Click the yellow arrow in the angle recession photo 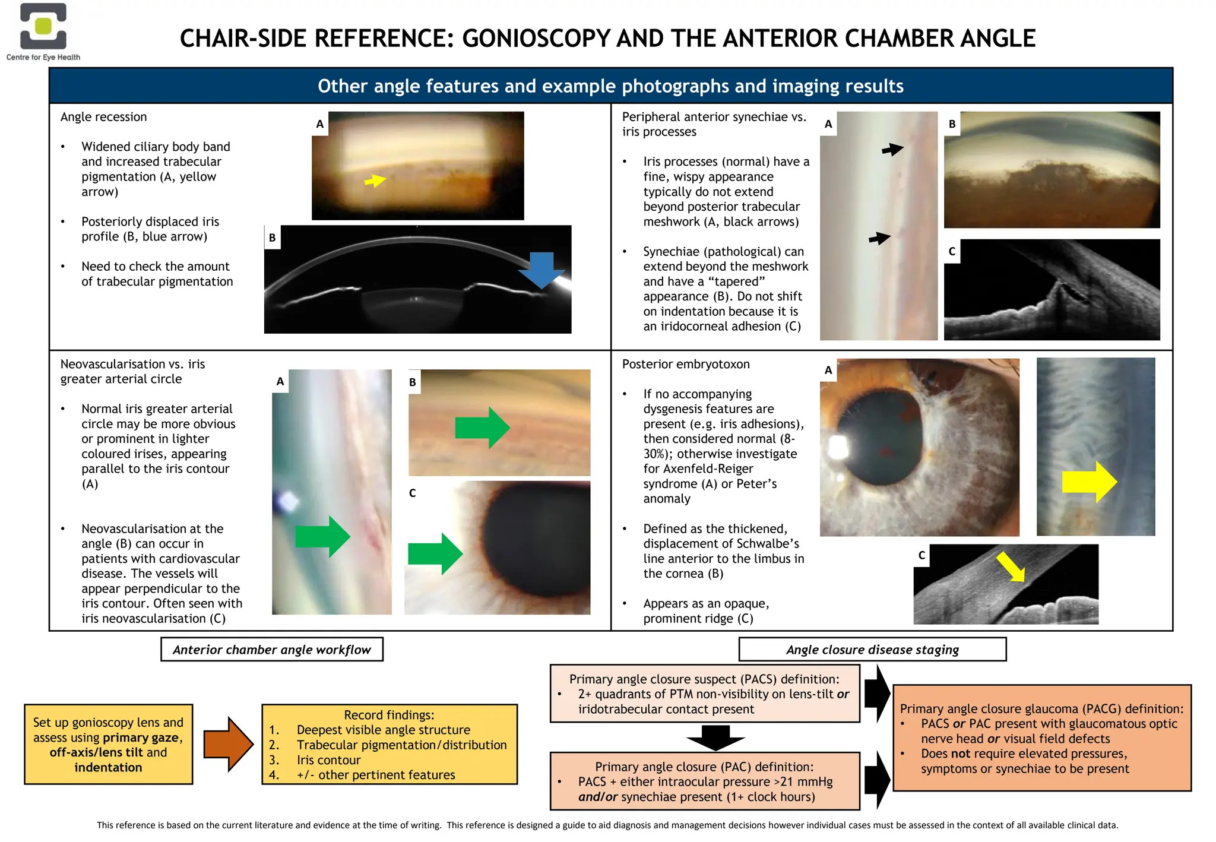point(375,180)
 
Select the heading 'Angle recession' point(103,117)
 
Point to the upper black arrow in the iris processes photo point(892,149)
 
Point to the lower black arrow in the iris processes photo point(879,238)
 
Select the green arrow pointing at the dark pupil point(435,553)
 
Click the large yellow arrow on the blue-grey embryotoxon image point(1089,482)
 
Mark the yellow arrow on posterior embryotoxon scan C point(1011,566)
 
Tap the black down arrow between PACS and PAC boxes point(715,737)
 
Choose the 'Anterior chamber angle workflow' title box point(272,650)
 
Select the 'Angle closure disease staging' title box point(872,650)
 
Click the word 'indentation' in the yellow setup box point(108,767)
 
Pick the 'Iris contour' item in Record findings point(328,760)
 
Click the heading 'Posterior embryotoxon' point(685,364)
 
